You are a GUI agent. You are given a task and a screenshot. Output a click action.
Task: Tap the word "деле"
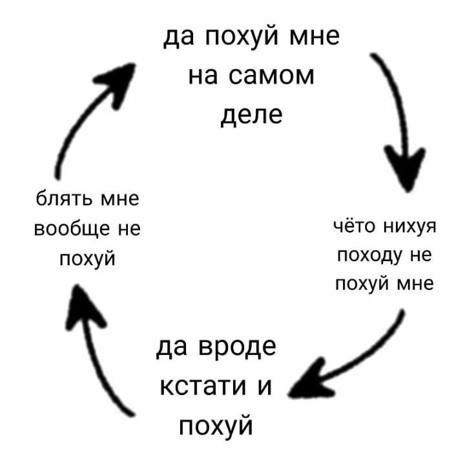pos(251,116)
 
